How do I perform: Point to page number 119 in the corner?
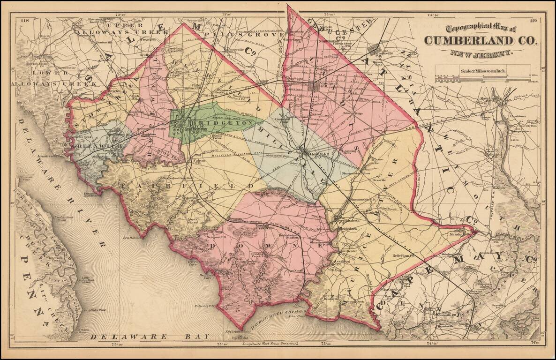533,21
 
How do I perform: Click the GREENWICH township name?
97,146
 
